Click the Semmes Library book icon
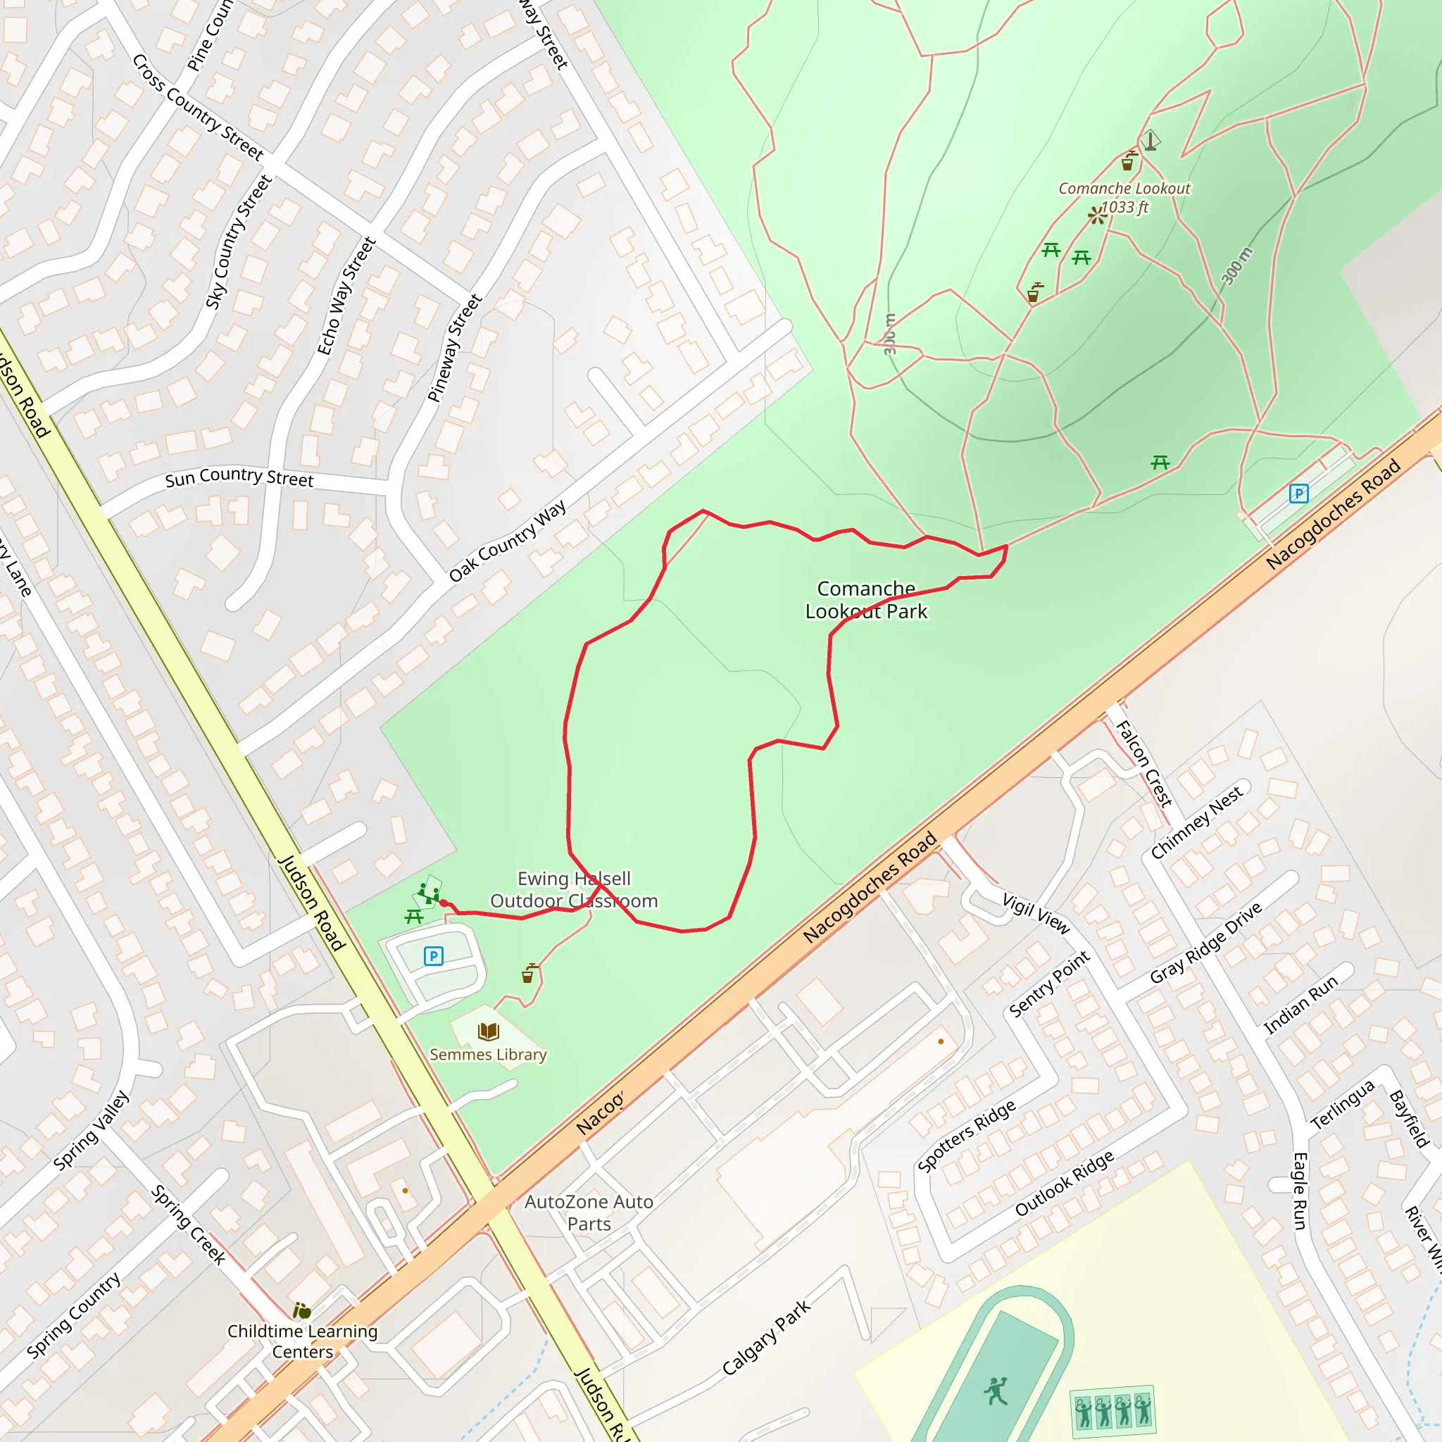pos(488,1032)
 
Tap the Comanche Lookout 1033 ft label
pos(1124,198)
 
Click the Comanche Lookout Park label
pos(866,600)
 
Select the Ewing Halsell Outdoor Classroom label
pos(574,890)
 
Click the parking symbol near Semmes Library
pos(434,956)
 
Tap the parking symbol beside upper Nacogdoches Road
pos(1298,494)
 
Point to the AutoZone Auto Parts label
pos(589,1213)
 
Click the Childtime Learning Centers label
pos(302,1341)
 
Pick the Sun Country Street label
pos(239,477)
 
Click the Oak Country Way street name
pos(508,541)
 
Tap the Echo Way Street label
pos(346,296)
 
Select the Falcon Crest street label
pos(1143,763)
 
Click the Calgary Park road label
pos(767,1338)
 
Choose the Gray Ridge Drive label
pos(1205,943)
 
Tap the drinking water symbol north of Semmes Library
pos(529,973)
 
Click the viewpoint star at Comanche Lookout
pos(1096,215)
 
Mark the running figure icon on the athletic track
pos(996,1391)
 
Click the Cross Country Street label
pos(198,108)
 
